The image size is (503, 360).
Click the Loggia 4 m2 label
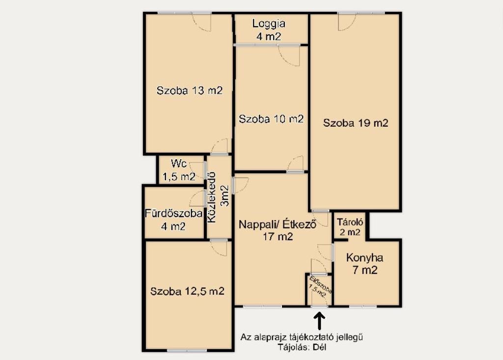[269, 30]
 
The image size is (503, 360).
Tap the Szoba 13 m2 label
[190, 90]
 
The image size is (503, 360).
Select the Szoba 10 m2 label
[271, 119]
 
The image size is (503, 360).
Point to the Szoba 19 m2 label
[356, 123]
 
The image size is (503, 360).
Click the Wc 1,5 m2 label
[179, 170]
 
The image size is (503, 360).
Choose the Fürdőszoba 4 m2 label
[173, 220]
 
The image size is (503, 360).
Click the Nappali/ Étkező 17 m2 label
[278, 230]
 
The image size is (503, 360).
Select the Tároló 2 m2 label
[350, 227]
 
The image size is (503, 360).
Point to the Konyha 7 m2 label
[365, 264]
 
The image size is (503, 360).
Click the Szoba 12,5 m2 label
[187, 291]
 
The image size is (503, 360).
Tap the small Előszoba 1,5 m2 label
[320, 287]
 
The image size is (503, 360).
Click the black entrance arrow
[319, 321]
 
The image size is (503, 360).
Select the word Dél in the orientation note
[319, 347]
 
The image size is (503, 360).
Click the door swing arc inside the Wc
[196, 170]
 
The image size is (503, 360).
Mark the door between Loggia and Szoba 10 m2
[289, 55]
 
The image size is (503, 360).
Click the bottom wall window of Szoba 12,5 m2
[187, 350]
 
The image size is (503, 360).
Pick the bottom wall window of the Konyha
[363, 306]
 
